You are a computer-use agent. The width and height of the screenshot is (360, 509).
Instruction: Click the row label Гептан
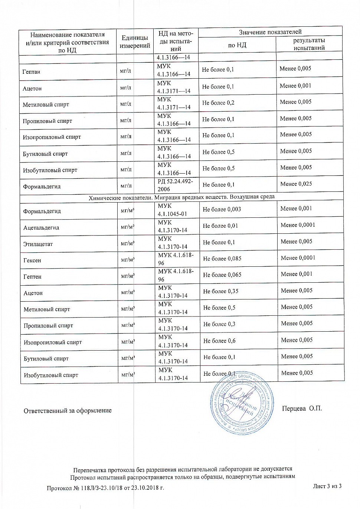click(x=32, y=72)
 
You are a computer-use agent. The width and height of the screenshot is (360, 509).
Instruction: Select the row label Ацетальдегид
click(x=41, y=227)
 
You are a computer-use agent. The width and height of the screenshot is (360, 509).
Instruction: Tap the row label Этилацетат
click(x=38, y=244)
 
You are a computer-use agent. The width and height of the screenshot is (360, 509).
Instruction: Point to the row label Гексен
click(x=32, y=260)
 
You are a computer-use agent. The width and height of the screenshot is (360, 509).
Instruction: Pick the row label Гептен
click(x=33, y=276)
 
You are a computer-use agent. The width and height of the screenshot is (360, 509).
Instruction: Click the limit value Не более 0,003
click(x=222, y=209)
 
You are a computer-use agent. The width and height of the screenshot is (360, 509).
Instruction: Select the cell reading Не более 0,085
click(x=222, y=258)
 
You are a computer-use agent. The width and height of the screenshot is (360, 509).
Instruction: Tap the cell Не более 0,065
click(x=222, y=275)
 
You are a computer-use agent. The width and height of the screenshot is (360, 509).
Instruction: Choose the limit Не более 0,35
click(x=220, y=291)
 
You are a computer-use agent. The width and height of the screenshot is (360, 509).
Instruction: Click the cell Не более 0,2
click(x=218, y=103)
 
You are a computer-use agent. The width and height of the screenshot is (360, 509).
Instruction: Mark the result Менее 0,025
click(x=296, y=184)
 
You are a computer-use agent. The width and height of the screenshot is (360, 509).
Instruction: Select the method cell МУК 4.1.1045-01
click(x=173, y=210)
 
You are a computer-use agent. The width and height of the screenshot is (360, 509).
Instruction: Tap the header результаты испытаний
click(x=309, y=44)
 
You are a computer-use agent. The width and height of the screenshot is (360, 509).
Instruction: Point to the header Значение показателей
click(x=270, y=32)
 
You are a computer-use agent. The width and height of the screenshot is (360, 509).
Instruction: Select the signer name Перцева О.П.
click(x=302, y=408)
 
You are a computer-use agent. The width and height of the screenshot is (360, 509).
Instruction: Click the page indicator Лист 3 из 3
click(x=327, y=486)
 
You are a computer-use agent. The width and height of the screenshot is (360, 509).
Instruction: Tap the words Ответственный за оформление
click(x=68, y=410)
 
